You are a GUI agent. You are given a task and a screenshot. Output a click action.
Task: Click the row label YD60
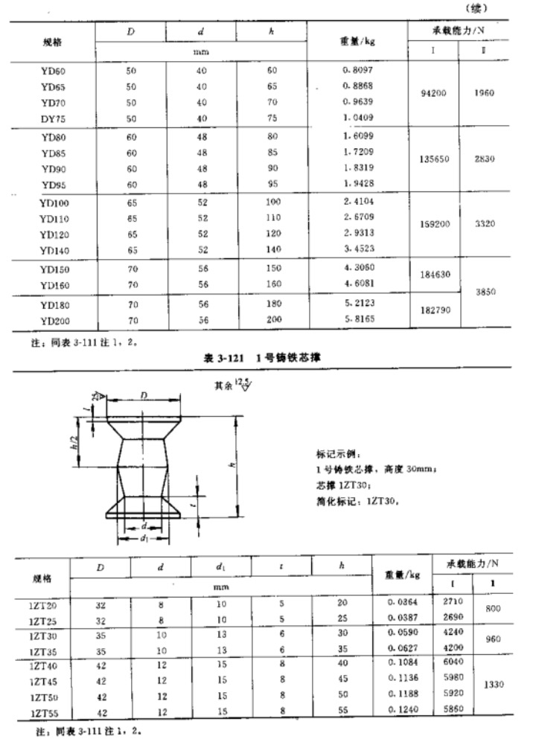click(x=55, y=71)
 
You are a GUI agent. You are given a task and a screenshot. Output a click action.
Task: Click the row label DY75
click(x=55, y=118)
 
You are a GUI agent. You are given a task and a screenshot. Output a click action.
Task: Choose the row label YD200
click(x=55, y=321)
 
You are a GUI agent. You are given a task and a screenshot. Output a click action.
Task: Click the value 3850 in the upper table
click(x=483, y=293)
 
